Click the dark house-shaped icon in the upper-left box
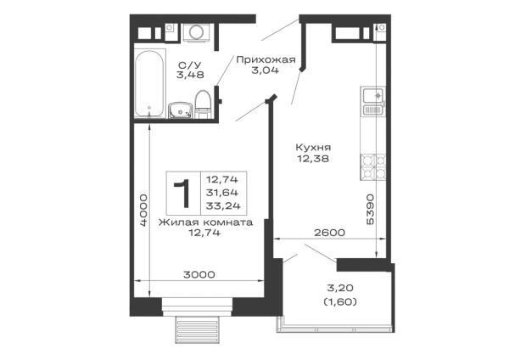tap(193, 71)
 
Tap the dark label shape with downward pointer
tap(310, 153)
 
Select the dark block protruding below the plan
tap(196, 332)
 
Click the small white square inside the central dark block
tap(241, 186)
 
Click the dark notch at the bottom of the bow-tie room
tap(200, 271)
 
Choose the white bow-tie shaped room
tap(206, 253)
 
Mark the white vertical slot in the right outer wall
tap(370, 136)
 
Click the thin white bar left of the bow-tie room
tap(139, 255)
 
